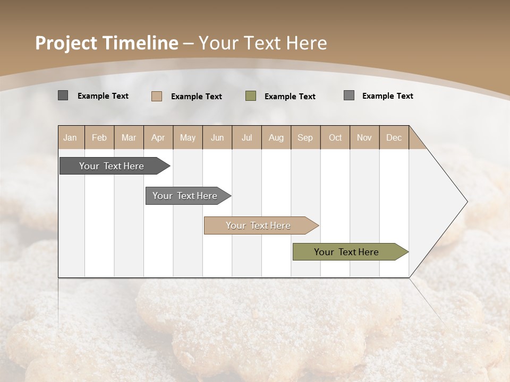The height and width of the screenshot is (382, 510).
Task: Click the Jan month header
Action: (x=70, y=137)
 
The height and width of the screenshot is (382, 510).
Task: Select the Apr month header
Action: (x=158, y=137)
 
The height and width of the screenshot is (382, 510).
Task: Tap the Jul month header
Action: (x=246, y=137)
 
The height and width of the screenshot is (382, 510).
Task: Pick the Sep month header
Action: (x=305, y=137)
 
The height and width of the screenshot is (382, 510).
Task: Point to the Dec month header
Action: (x=394, y=137)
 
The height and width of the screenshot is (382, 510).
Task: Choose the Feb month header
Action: (x=99, y=137)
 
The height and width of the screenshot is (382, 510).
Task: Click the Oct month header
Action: (x=335, y=137)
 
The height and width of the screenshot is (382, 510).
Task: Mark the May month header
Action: (x=188, y=137)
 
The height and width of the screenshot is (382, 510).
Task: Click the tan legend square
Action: (x=157, y=96)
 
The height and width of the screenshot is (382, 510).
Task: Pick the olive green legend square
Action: (x=251, y=96)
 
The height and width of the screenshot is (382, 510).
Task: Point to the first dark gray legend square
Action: (x=63, y=95)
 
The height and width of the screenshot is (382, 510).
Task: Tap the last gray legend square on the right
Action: (x=349, y=95)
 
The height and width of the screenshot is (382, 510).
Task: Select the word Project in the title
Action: (x=66, y=43)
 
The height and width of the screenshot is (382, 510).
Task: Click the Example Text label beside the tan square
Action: (x=197, y=97)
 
